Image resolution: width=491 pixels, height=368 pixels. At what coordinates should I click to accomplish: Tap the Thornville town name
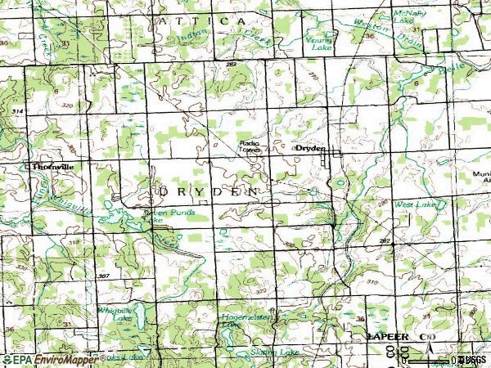(53, 166)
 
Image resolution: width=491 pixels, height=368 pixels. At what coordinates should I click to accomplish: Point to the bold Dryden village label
(311, 149)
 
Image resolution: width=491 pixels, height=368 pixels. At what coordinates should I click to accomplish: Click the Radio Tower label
(250, 149)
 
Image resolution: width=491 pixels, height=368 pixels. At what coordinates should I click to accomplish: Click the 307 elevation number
(104, 276)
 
